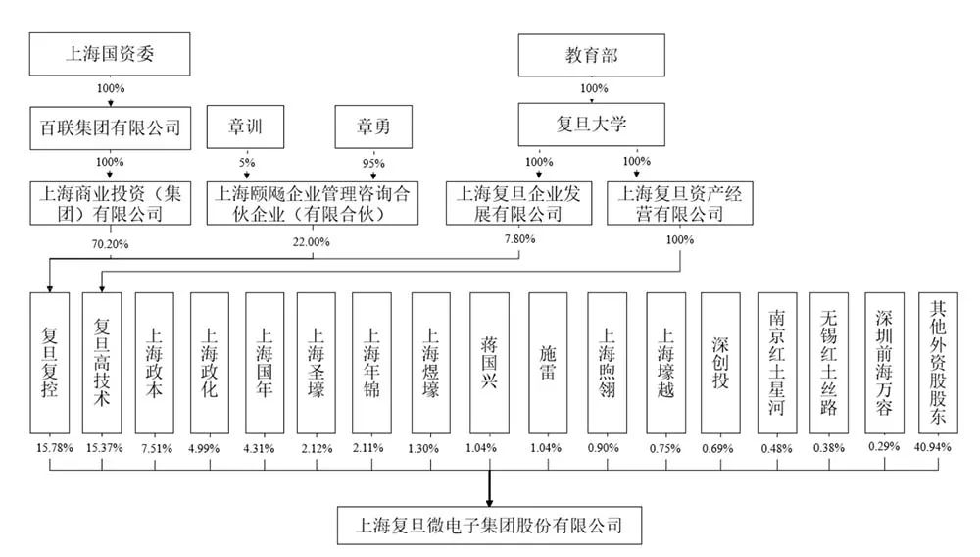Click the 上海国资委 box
(110, 54)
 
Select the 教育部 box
(591, 56)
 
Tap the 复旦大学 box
(591, 125)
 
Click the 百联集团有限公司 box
(110, 127)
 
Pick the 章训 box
(245, 127)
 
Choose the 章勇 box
(373, 127)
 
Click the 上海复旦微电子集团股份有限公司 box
(489, 525)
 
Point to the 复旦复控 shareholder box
(50, 363)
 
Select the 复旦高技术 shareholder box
(102, 363)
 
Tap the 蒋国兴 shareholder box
(489, 363)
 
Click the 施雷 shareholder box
(548, 363)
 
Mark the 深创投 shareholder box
(720, 363)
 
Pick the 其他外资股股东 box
(938, 363)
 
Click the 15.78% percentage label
(54, 448)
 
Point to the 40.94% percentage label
(933, 447)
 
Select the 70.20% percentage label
(110, 244)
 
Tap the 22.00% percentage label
(312, 242)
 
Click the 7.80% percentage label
(520, 239)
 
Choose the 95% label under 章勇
(373, 163)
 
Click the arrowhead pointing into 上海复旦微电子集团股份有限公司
(489, 502)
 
